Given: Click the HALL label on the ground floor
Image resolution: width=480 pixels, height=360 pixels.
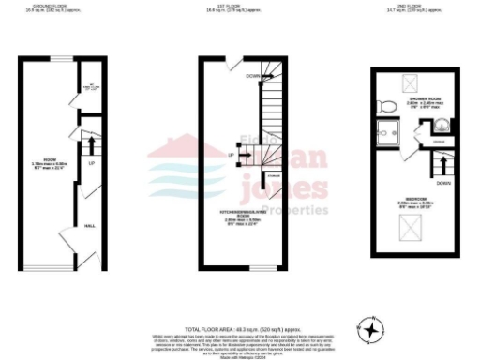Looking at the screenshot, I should coord(90,225).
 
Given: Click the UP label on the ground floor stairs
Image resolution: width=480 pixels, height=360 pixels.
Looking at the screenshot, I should coord(91,163).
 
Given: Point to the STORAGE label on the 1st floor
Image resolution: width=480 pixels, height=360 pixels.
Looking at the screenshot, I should coord(273,174).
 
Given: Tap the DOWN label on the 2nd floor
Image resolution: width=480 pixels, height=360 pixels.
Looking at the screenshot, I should coord(442,183).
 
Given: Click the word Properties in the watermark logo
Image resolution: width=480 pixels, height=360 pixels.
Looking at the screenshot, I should coord(296,210).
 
